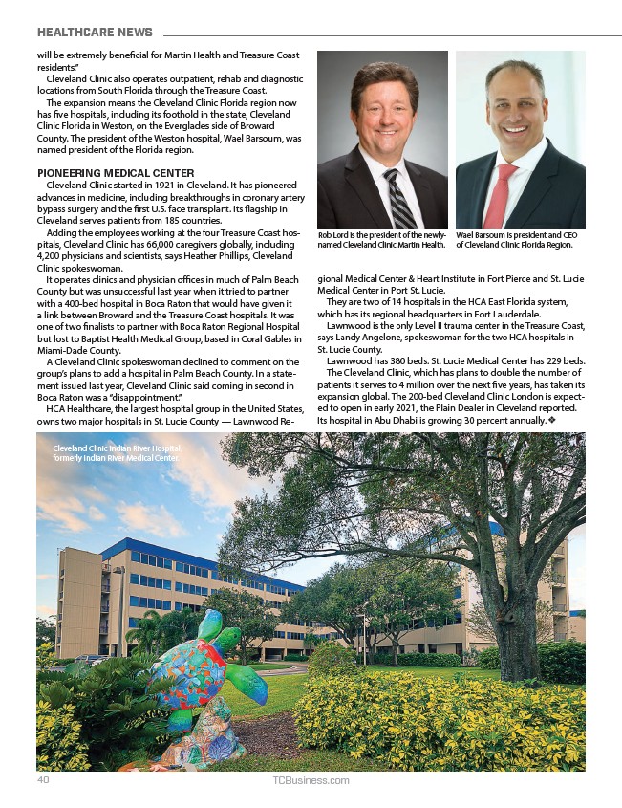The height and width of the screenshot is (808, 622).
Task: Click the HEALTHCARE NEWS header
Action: [x=95, y=33]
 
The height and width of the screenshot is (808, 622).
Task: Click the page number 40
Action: [x=42, y=780]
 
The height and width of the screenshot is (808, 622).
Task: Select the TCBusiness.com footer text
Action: [x=311, y=780]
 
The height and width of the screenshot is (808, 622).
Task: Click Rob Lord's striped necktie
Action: [x=397, y=196]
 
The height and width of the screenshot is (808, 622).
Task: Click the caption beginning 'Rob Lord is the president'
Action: [x=382, y=239]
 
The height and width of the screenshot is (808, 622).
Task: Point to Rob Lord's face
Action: [x=384, y=113]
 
